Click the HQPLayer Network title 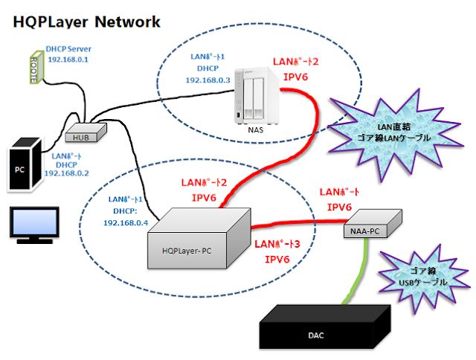tap(86, 22)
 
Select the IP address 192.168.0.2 tap(66, 173)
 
